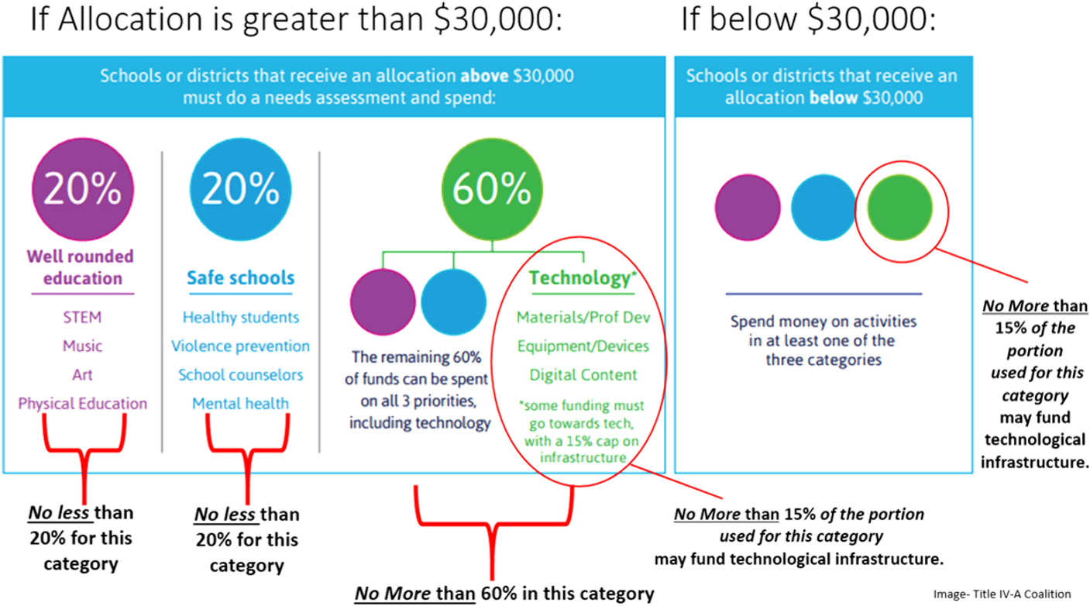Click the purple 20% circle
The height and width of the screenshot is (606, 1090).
(83, 189)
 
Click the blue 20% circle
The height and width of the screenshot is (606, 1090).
(241, 189)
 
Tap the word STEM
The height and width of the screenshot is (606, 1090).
(83, 317)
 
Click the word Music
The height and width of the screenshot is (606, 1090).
(83, 346)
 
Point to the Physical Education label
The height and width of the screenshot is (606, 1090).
(83, 403)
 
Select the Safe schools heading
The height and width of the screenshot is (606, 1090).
(241, 277)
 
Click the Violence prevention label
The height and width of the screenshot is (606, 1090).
(241, 346)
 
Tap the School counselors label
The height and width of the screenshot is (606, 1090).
(241, 374)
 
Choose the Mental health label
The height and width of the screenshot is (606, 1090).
(241, 403)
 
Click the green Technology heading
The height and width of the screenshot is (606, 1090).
(580, 277)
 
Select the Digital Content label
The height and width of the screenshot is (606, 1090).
(583, 374)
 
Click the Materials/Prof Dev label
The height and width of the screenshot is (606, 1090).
(583, 317)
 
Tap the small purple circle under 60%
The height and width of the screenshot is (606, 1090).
(383, 301)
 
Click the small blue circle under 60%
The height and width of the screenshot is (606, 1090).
(454, 301)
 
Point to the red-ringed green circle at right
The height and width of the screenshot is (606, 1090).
(900, 208)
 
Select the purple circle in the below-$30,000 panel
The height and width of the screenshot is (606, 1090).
(748, 208)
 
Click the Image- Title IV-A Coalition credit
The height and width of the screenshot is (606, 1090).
(1002, 594)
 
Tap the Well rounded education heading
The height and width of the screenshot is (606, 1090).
(81, 267)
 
